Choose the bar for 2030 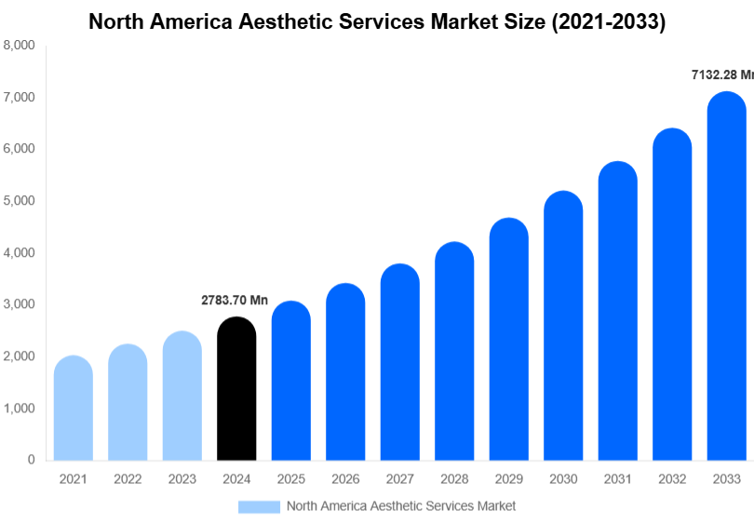[563, 326]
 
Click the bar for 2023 [182, 396]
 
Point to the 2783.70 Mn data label [235, 301]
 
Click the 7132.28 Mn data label [721, 74]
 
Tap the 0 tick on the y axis [31, 460]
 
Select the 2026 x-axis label [345, 478]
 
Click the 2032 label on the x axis [671, 478]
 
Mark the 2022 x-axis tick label [128, 478]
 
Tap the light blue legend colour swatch [259, 506]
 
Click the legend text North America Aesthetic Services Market [400, 506]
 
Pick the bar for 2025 [291, 381]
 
